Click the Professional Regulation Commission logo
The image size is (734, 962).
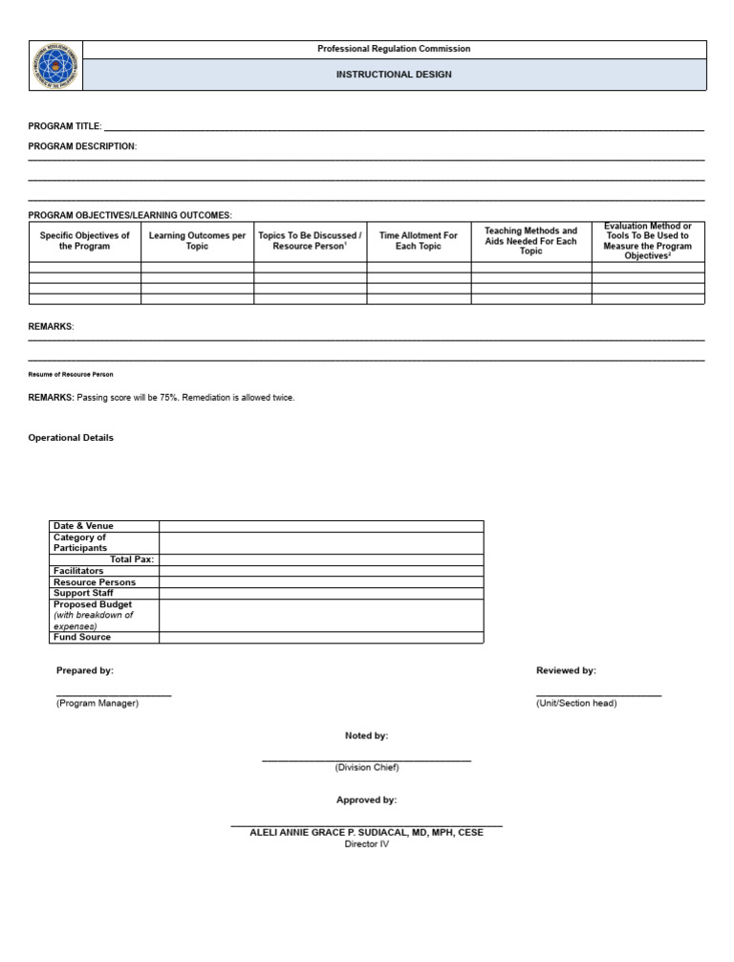pyautogui.click(x=55, y=66)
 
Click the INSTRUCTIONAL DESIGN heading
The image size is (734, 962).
pyautogui.click(x=394, y=75)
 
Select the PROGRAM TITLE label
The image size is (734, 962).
pyautogui.click(x=64, y=126)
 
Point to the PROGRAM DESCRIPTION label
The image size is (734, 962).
pyautogui.click(x=82, y=146)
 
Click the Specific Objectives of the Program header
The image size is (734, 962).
pyautogui.click(x=85, y=241)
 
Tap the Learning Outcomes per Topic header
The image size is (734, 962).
pyautogui.click(x=197, y=241)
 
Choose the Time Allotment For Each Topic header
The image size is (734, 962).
pyautogui.click(x=419, y=241)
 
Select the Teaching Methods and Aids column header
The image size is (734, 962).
pyautogui.click(x=530, y=241)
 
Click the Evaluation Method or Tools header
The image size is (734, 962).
pyautogui.click(x=647, y=241)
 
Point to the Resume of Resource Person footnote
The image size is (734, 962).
pyautogui.click(x=71, y=374)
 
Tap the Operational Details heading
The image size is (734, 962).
pyautogui.click(x=71, y=438)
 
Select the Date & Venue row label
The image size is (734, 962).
pyautogui.click(x=83, y=526)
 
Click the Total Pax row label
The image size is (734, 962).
pyautogui.click(x=132, y=559)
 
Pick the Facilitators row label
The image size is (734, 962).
pyautogui.click(x=78, y=571)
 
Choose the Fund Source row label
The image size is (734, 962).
pyautogui.click(x=82, y=637)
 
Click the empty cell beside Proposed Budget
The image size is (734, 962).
pyautogui.click(x=321, y=615)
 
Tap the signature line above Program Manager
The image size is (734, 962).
pyautogui.click(x=114, y=695)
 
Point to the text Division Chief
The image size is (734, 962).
pyautogui.click(x=367, y=767)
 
